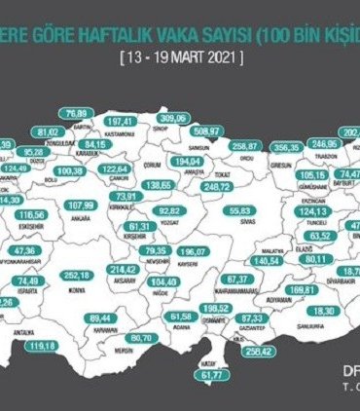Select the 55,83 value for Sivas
pyautogui.click(x=240, y=210)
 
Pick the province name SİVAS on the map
pyautogui.click(x=241, y=222)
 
